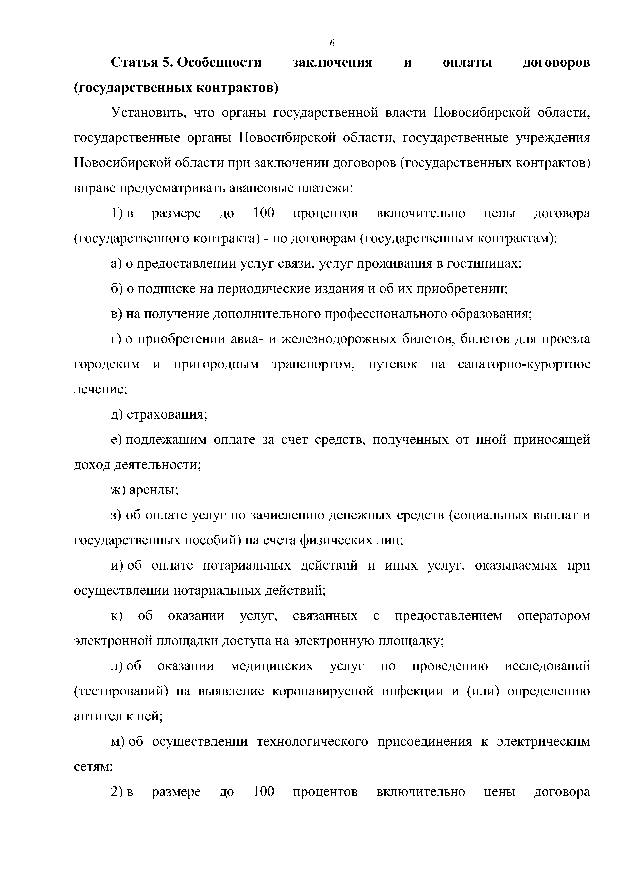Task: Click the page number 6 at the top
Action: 332,43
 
